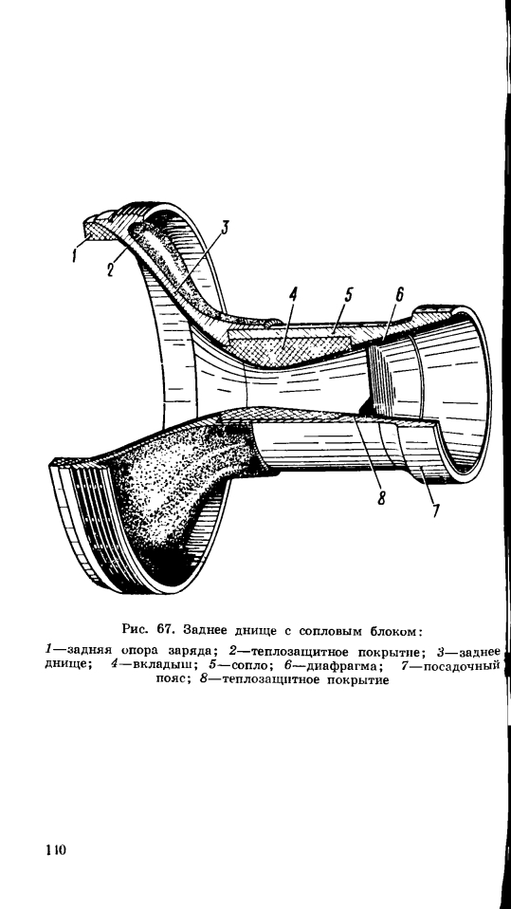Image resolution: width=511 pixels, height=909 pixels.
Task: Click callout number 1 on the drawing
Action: (x=75, y=254)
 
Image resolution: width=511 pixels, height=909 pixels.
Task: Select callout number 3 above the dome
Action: (x=224, y=229)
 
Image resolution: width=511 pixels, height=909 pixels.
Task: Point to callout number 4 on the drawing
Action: (x=293, y=294)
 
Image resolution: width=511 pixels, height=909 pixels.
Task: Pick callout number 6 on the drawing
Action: (x=400, y=294)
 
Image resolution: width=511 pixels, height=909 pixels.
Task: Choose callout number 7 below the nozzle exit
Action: (x=434, y=510)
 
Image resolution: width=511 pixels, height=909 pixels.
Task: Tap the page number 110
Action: (x=55, y=850)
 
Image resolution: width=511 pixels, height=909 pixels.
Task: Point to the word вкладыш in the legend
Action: (x=159, y=664)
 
